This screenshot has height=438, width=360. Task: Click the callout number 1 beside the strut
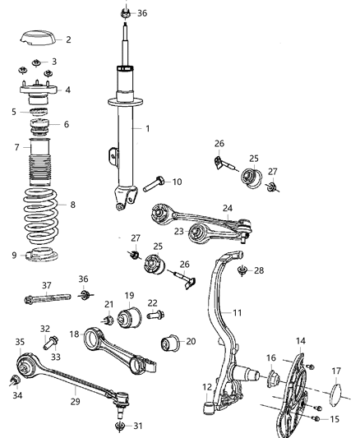148,128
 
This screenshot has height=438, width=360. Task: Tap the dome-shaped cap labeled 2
37,39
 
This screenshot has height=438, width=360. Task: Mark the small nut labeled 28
241,270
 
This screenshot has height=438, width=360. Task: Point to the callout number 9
14,255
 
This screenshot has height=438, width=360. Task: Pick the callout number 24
228,208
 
